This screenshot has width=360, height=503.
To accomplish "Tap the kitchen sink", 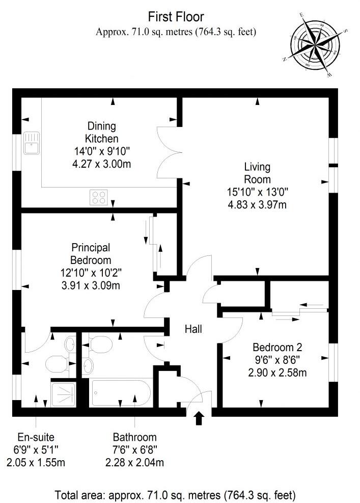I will pos(31,143).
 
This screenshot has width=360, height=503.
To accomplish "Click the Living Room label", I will pos(257,173).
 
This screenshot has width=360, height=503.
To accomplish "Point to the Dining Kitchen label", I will pos(101,132).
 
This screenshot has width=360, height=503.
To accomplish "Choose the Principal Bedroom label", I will pos(91,253).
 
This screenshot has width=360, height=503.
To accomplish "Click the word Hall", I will pos(193,329).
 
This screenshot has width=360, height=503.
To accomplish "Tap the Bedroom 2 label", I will pos(278,348).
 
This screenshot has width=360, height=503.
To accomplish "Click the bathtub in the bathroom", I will pos(120,392).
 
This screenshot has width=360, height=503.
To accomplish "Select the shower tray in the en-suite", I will pos(65,394).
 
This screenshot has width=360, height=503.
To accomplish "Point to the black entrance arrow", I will pos(199,418).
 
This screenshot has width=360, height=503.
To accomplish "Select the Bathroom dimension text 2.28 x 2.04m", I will pos(135,463).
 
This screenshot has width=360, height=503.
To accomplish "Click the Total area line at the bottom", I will pos(176,494).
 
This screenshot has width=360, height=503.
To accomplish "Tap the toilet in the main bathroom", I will pos(101,344).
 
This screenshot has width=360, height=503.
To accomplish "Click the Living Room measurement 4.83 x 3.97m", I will pos(257,205).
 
